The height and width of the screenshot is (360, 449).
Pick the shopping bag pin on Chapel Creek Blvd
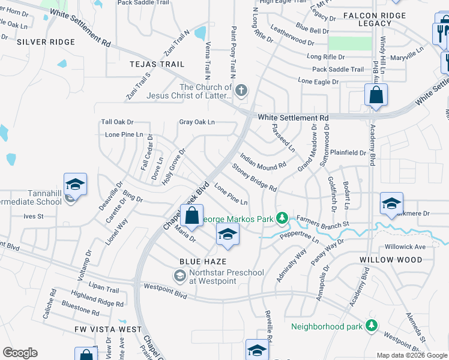coord(191,217)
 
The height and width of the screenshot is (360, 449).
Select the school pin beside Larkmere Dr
coord(391,204)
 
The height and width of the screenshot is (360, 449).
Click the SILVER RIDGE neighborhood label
coord(46,42)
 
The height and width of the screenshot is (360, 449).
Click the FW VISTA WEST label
coord(108,329)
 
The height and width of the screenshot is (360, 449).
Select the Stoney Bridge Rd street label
coord(254,178)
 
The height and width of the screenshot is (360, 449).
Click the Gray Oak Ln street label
coord(197,122)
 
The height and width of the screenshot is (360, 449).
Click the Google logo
coord(20,353)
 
